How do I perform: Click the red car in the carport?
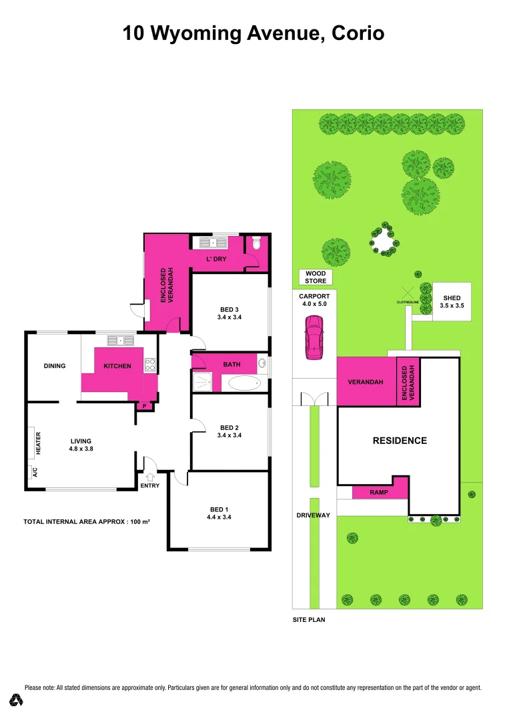[x=314, y=337]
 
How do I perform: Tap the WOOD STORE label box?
[x=316, y=277]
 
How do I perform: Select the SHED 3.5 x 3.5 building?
[x=452, y=301]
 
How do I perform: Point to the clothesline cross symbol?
[x=407, y=293]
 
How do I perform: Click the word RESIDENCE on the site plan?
[x=400, y=441]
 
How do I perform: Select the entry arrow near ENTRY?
[x=149, y=477]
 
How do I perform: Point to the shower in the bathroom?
[x=201, y=383]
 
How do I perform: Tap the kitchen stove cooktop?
[x=150, y=365]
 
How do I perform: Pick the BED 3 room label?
[x=230, y=313]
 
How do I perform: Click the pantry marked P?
[x=144, y=406]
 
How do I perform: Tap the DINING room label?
[x=55, y=365]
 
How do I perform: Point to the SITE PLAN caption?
[x=309, y=619]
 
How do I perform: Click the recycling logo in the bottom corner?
[x=17, y=701]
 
